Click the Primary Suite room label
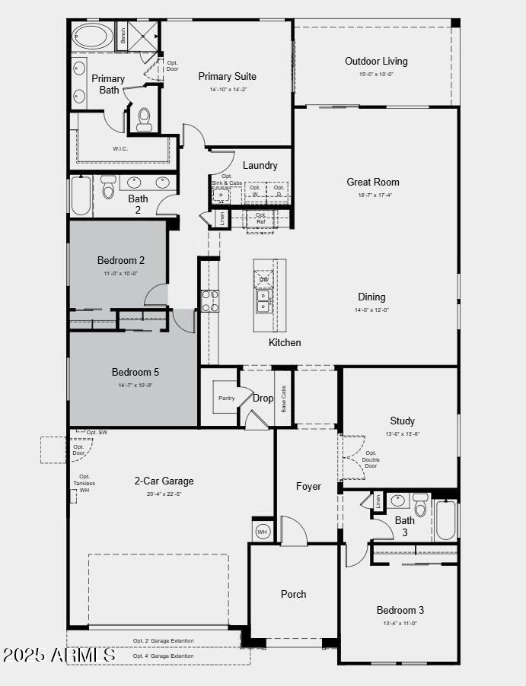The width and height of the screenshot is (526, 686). (x=227, y=76)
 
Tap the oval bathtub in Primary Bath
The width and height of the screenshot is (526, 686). (x=92, y=36)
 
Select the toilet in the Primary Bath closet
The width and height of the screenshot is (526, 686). (x=144, y=118)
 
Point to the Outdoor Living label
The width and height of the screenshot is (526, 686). (x=376, y=61)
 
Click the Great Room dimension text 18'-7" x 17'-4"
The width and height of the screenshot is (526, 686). (x=373, y=195)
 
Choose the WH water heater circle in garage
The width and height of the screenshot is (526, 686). (x=263, y=531)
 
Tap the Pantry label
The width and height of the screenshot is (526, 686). (x=226, y=398)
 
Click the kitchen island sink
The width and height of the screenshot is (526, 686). (x=264, y=302)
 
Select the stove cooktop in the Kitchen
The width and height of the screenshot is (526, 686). (x=209, y=301)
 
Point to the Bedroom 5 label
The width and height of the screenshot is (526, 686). (x=135, y=372)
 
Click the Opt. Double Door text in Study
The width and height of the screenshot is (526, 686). (x=371, y=459)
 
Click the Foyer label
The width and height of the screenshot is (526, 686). (x=308, y=486)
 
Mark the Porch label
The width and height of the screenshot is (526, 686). (x=293, y=594)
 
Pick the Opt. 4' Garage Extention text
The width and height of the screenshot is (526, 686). (x=163, y=656)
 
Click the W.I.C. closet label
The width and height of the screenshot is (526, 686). (x=120, y=148)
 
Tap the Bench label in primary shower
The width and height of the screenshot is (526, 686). (x=122, y=35)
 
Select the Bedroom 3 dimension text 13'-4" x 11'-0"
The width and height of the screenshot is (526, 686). (x=400, y=623)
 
